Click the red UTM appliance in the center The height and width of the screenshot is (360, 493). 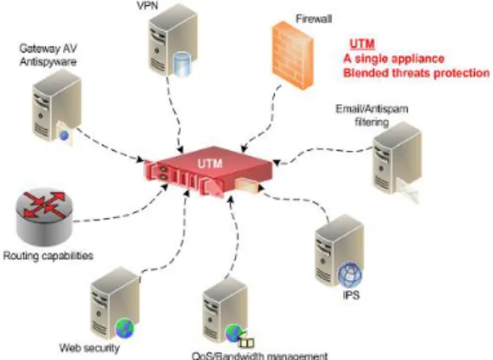[x=208, y=171]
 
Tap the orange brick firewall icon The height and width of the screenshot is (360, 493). [x=292, y=55]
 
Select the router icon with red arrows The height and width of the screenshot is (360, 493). [x=44, y=217]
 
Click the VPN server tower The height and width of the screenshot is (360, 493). [x=173, y=40]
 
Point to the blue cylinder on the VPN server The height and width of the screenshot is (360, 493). [x=183, y=64]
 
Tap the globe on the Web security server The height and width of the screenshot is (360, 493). [x=125, y=328]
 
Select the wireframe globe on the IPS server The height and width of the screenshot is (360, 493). [x=350, y=275]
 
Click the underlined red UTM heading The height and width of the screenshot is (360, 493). [x=362, y=44]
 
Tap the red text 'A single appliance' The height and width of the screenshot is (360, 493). [x=394, y=59]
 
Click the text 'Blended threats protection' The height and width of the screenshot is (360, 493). [x=416, y=73]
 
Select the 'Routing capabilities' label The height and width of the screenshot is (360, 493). [x=48, y=256]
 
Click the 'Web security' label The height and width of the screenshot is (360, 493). [x=90, y=348]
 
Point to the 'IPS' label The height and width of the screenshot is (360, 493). [x=351, y=295]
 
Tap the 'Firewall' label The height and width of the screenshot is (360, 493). [x=314, y=19]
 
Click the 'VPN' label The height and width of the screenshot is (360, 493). [x=147, y=6]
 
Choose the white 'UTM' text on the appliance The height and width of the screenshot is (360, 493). [x=210, y=164]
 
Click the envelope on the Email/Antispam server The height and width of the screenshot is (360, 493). [x=408, y=189]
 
